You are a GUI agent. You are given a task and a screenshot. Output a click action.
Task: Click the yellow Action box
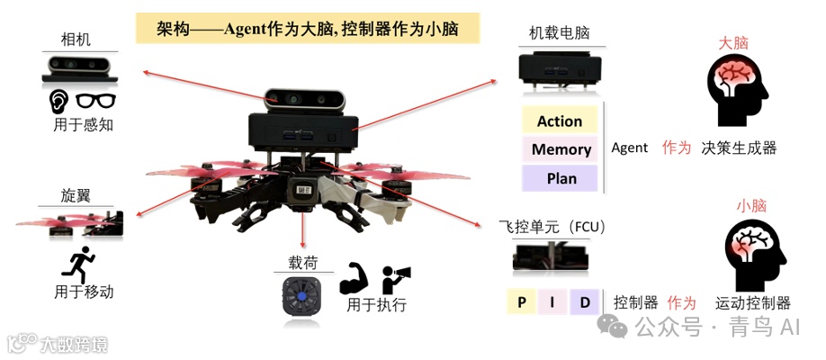click(x=560, y=121)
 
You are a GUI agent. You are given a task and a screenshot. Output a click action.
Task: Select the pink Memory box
click(x=561, y=149)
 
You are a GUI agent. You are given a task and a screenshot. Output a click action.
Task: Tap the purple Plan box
click(x=561, y=178)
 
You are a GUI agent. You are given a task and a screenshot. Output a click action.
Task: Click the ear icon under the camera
click(x=58, y=101)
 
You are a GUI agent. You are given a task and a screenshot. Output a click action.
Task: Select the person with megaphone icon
click(x=396, y=279)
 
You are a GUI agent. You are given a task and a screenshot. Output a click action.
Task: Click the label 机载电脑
click(x=560, y=33)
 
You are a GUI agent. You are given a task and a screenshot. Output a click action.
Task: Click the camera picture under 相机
click(x=76, y=67)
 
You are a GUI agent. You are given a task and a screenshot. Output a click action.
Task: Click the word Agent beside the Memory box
click(x=629, y=148)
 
